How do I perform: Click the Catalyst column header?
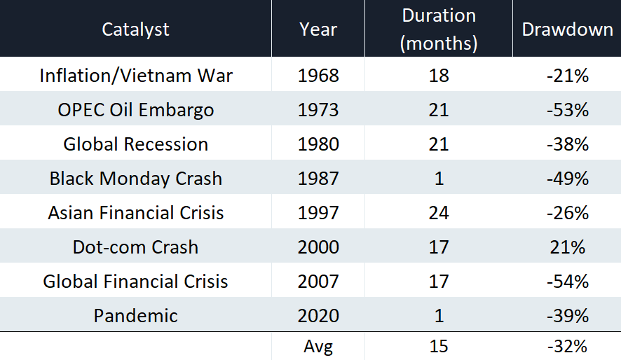pos(135,29)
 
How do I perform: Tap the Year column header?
pos(318,29)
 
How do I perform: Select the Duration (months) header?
pos(439,29)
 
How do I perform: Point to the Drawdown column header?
pos(567,29)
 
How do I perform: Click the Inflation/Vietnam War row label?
pos(136,75)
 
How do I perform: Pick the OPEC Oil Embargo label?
pos(136,110)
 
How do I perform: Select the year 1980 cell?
pos(318,144)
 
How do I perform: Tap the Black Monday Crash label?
pos(136,179)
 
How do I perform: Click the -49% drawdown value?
pos(568,179)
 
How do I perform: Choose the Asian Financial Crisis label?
pos(136,213)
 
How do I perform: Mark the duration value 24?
pos(439,213)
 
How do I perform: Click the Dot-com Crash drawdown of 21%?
pos(568,247)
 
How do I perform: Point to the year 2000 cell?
pos(318,247)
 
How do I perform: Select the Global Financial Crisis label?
pos(135,282)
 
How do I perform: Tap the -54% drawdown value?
pos(568,282)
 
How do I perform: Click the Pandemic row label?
pos(136,316)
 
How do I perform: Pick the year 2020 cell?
pos(318,316)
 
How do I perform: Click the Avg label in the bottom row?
pos(318,347)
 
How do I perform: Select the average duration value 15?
pos(439,346)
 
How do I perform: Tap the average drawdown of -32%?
pos(567,346)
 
